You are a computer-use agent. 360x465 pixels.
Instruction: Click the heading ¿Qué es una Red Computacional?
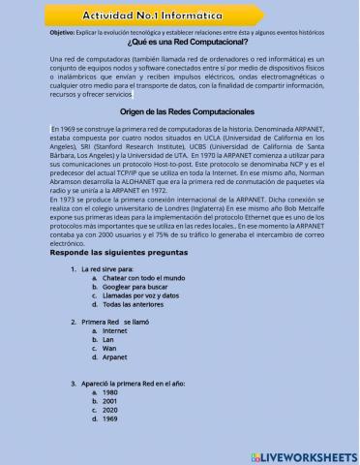[179, 43]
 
